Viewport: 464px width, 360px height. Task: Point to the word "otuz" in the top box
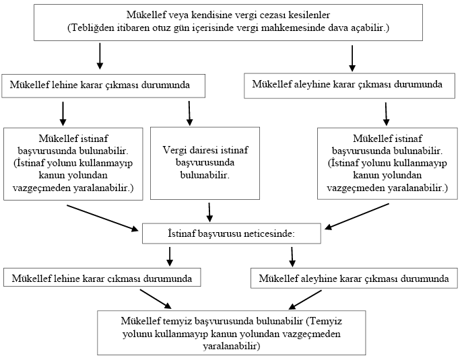coord(170,28)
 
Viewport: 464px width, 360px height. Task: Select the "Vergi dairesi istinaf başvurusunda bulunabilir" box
coord(196,162)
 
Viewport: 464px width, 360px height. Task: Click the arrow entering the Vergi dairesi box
coord(190,113)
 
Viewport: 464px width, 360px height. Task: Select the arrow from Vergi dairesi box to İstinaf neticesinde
coord(209,211)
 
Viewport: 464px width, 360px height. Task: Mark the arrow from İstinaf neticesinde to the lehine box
coord(168,256)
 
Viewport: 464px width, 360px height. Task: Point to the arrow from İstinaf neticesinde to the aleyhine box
coord(292,256)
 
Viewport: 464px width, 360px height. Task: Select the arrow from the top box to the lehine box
coord(100,56)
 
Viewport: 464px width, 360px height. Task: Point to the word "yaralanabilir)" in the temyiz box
coord(232,345)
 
